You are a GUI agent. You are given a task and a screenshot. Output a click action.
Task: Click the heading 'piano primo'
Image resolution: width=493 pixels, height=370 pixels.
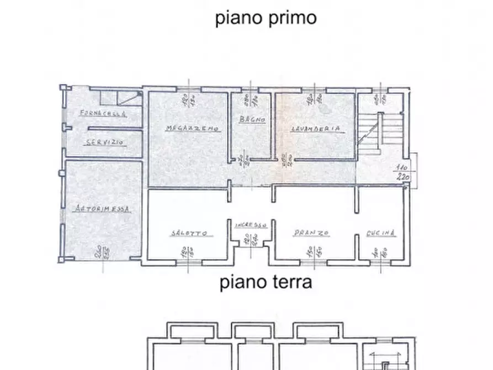click(x=266, y=18)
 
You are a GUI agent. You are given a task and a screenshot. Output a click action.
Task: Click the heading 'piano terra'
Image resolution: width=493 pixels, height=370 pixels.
click(x=266, y=283)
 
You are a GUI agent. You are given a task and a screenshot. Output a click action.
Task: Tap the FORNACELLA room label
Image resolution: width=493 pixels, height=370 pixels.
click(x=103, y=114)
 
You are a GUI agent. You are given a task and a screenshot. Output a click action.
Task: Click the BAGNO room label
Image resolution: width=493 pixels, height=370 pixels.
click(x=252, y=120)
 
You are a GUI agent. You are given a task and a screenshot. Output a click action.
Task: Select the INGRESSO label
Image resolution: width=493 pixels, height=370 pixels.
click(x=251, y=225)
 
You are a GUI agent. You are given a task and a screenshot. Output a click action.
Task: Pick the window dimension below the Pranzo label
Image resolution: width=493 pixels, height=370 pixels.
click(x=314, y=252)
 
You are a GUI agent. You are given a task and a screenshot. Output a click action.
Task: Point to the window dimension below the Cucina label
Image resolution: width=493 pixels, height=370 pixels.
click(x=381, y=252)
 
